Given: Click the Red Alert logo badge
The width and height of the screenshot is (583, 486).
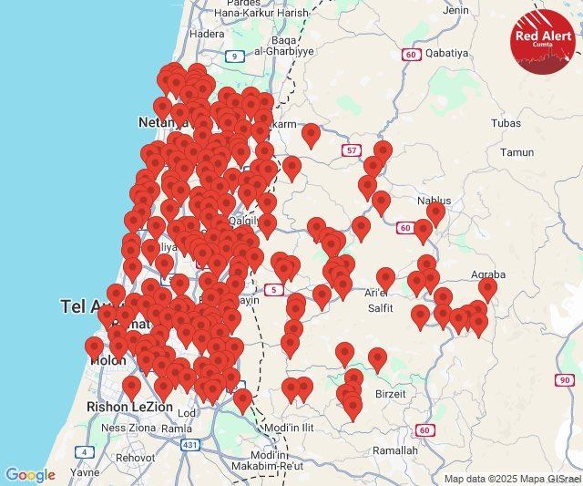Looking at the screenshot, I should [x=543, y=40].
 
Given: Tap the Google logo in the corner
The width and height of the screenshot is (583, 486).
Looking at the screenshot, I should [x=30, y=475].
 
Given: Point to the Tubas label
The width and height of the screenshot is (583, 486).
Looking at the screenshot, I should [x=506, y=123].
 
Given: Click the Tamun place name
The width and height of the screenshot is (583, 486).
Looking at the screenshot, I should [x=517, y=152].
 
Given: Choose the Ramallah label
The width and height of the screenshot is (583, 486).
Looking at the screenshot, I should [x=395, y=450].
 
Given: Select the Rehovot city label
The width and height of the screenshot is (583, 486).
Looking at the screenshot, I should [x=134, y=458].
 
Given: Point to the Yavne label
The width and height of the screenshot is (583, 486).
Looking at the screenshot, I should [x=85, y=473].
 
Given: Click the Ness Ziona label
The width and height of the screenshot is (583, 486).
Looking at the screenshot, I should [x=127, y=427].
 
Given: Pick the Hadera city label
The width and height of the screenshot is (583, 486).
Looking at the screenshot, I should [x=207, y=34].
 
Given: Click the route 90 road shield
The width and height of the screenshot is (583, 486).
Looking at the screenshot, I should [x=565, y=379].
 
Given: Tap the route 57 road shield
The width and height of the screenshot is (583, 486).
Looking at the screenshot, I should [x=352, y=150].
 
